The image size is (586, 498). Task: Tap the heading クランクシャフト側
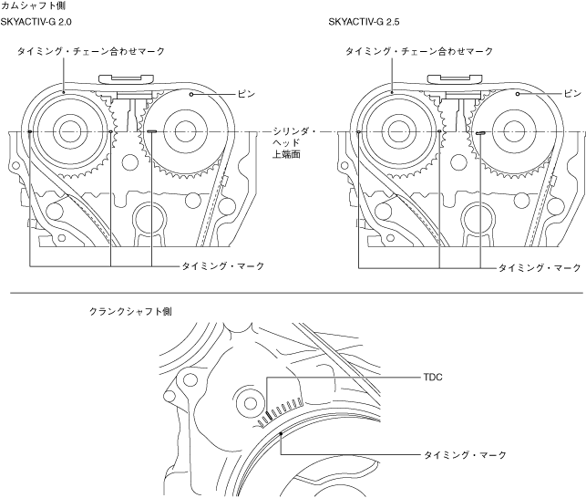[129, 311]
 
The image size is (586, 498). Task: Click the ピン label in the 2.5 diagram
[571, 93]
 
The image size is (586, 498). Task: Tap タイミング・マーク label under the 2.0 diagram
[223, 265]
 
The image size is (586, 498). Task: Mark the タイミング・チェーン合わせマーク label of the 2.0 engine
[91, 52]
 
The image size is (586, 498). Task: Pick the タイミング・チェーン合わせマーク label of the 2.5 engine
[419, 52]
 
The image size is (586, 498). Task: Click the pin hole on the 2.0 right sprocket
[190, 93]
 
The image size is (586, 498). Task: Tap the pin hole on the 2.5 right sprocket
[518, 93]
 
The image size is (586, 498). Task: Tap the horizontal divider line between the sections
[293, 294]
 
